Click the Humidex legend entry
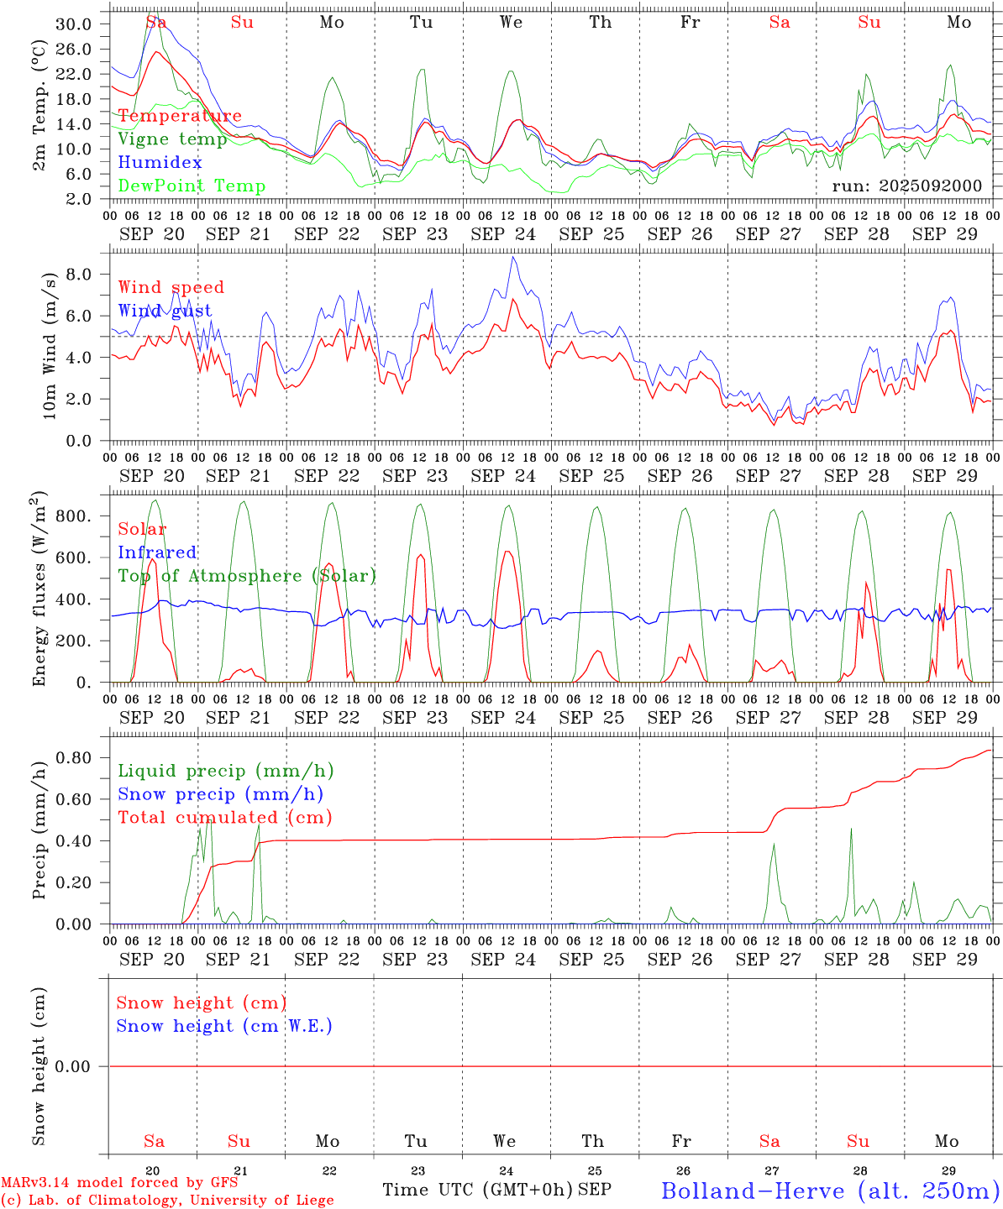click(x=160, y=163)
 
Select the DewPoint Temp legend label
click(x=192, y=186)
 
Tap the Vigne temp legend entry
click(x=172, y=139)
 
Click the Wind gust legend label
click(x=165, y=311)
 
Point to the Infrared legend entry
click(x=157, y=552)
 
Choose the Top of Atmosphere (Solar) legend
click(x=247, y=576)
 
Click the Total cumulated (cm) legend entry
click(x=224, y=818)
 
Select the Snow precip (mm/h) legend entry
click(x=220, y=794)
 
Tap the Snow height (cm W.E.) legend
click(x=224, y=1026)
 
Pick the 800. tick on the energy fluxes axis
click(x=72, y=516)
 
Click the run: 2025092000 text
click(x=906, y=186)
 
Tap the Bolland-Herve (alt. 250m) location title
click(x=829, y=1190)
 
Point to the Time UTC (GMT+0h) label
click(x=477, y=1190)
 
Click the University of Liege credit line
click(x=167, y=1201)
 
